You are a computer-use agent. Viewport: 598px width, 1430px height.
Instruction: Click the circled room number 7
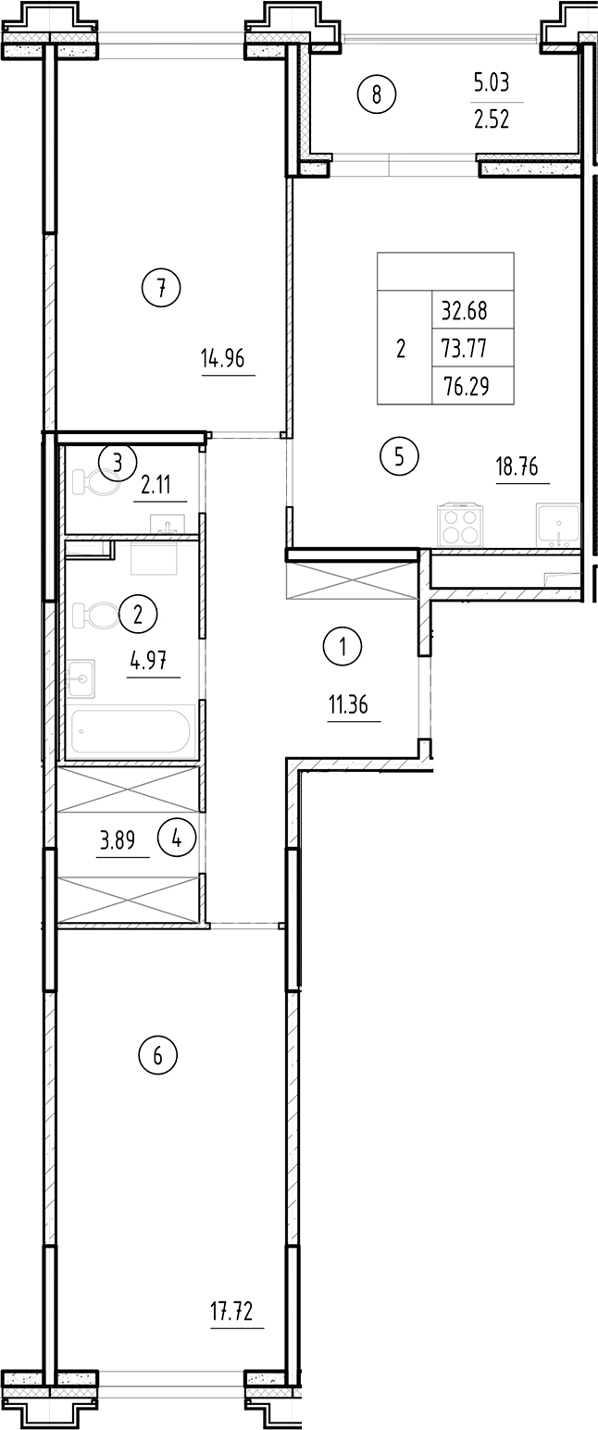[161, 289]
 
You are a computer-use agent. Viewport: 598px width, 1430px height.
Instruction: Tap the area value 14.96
[222, 358]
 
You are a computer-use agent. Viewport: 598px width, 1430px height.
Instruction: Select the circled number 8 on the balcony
[377, 93]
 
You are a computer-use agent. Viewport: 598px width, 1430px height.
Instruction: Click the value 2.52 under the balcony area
[492, 120]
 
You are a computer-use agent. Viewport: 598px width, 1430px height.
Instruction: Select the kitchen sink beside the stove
[558, 526]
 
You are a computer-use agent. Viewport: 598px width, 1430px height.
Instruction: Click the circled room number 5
[399, 455]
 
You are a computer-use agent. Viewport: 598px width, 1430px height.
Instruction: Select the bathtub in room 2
[131, 730]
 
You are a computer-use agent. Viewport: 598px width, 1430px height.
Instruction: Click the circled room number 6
[157, 1054]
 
